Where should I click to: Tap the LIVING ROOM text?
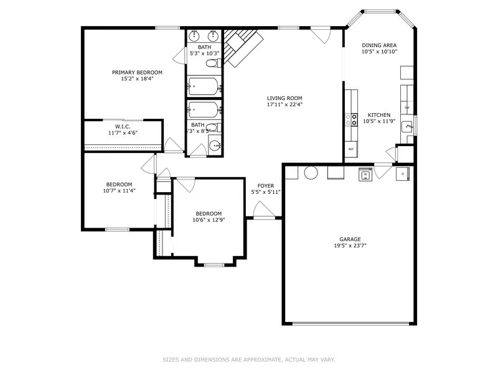pos(284,98)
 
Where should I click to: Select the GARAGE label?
pos(349,239)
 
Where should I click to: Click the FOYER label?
pos(266,186)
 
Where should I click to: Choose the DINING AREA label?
pos(379,45)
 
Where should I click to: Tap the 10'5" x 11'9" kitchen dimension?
pos(379,121)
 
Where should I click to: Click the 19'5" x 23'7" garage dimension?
pos(349,246)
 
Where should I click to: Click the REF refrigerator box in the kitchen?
pos(351,150)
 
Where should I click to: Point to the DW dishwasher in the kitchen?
pos(406,108)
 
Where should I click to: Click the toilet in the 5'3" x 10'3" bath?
pos(212,63)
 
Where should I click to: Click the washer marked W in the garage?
pos(364,175)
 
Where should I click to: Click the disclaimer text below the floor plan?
pos(249,359)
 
